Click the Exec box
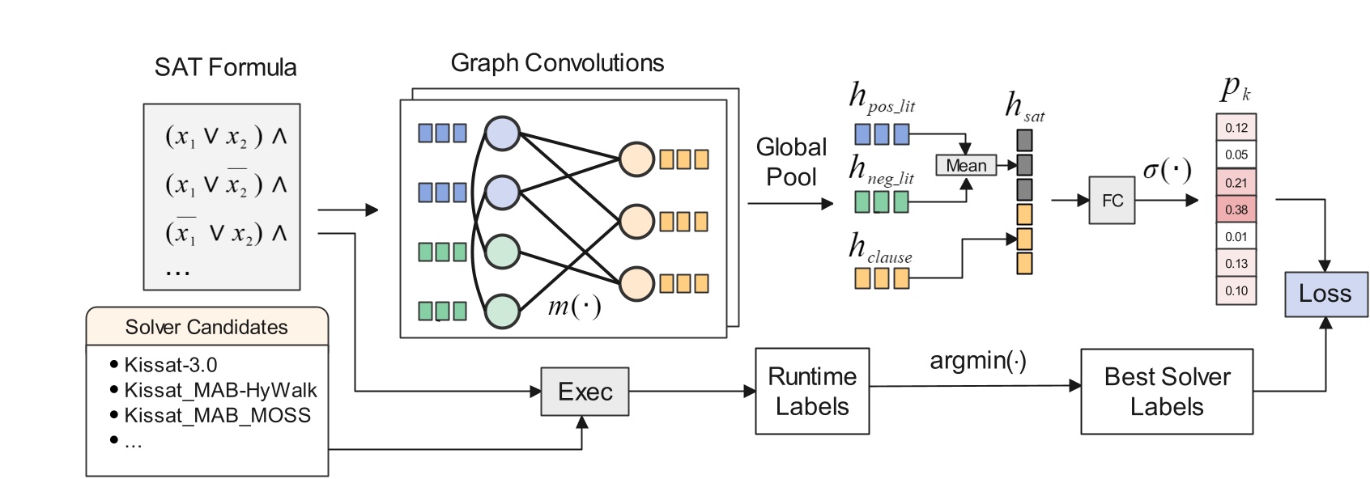(585, 392)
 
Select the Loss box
(1325, 294)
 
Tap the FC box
(1112, 200)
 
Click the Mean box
(966, 165)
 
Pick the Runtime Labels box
(812, 392)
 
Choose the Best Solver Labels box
(1167, 392)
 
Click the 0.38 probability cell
(1236, 210)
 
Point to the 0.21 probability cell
(1236, 182)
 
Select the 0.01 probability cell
(1236, 236)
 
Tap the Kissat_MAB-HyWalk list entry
(220, 390)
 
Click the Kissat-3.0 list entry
(171, 365)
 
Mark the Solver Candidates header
(206, 327)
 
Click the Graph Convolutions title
(557, 63)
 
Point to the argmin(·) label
(977, 360)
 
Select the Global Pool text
(791, 162)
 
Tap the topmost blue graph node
(502, 134)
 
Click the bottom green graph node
(502, 311)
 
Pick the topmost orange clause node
(636, 159)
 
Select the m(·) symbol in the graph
(574, 306)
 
